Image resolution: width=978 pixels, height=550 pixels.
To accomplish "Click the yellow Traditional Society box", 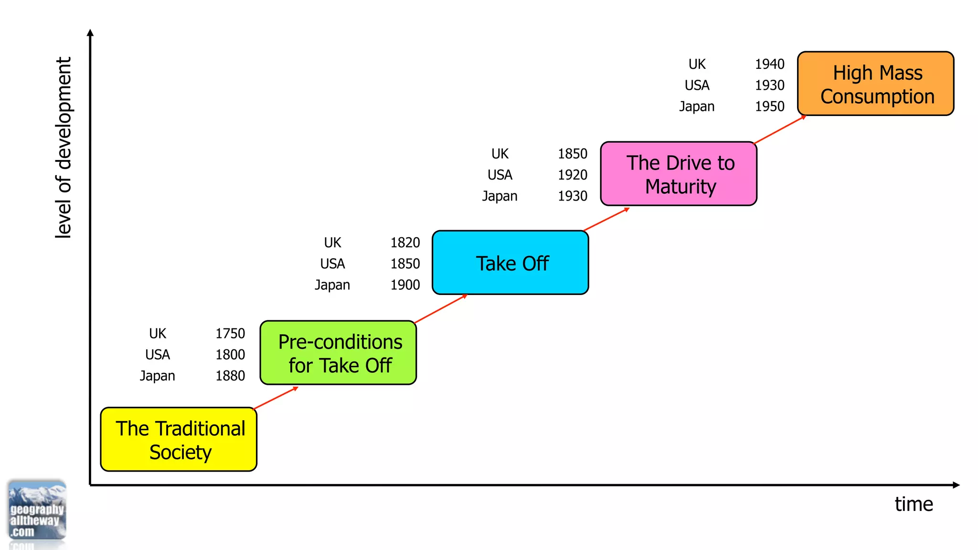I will pos(179,439).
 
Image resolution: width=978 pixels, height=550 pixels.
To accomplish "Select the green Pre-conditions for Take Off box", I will pos(338,353).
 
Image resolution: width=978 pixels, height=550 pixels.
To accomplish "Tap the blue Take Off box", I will pos(510,263).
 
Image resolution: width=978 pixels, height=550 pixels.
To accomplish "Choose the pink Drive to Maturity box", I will pos(679,174).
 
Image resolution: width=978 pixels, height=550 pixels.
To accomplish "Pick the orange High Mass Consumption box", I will pos(875,84).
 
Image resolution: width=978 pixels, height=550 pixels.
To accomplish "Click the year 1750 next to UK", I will pos(230,333).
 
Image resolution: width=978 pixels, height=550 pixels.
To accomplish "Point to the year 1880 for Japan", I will pos(230,376).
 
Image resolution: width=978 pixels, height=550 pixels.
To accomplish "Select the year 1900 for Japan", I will pos(405,285).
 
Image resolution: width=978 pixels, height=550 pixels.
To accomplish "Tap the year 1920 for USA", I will pos(573,175).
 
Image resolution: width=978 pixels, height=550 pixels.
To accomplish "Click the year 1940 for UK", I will pos(769,64).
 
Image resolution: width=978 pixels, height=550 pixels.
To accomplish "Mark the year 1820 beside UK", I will pos(405,243).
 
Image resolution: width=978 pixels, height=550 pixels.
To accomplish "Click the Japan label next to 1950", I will pos(697,106).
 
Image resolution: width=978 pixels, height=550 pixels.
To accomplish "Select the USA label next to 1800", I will pos(158,355).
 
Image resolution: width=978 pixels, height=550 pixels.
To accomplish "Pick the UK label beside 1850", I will pos(500,154).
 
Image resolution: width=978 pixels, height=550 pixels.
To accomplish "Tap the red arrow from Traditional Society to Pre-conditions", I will pos(276,398).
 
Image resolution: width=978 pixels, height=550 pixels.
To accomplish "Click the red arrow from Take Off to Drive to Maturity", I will pos(606,220).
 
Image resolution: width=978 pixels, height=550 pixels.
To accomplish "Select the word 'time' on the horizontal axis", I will pos(914,504).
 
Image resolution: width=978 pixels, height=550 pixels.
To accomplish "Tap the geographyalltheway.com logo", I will pos(37,511).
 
